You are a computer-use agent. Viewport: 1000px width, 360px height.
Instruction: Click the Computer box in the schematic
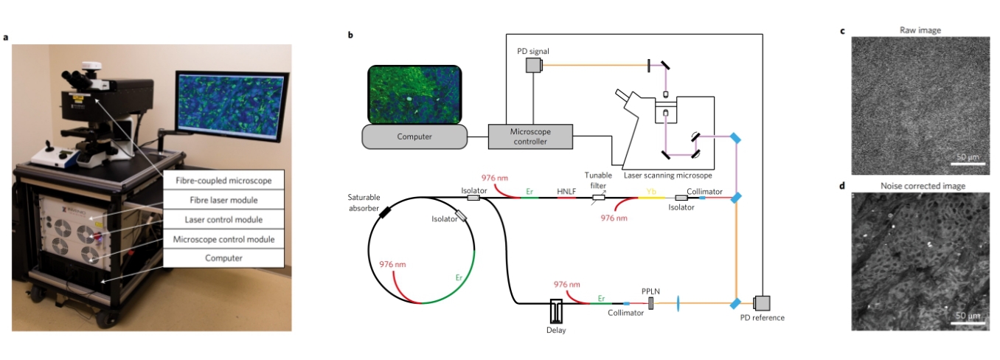[414, 136]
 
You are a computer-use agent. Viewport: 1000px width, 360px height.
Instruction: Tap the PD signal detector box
[534, 66]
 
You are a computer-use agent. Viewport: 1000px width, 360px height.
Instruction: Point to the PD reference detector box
[761, 303]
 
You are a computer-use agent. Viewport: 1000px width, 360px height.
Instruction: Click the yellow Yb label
[650, 190]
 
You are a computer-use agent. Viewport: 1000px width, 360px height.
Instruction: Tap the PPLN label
[650, 291]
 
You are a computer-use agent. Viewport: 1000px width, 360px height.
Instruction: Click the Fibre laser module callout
[223, 200]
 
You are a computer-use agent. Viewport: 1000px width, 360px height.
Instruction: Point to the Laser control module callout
[223, 219]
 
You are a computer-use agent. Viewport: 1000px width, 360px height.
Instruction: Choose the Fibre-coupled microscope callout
[223, 181]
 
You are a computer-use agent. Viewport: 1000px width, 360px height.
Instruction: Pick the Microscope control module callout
[223, 239]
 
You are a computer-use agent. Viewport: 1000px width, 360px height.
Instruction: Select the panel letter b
[350, 35]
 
